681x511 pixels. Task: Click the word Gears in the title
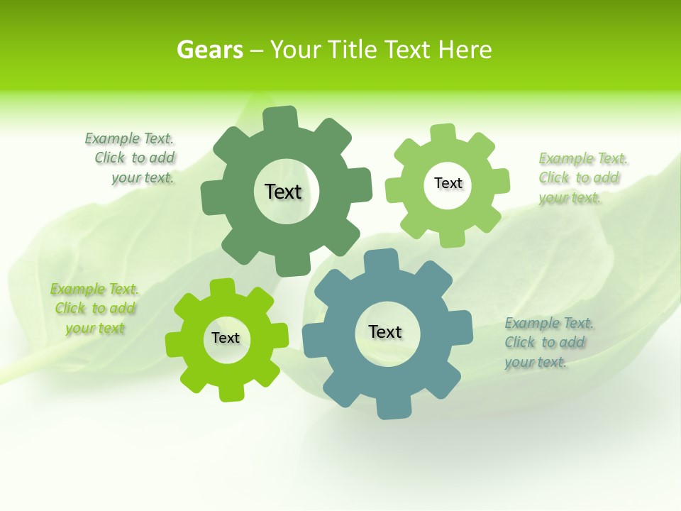coord(209,50)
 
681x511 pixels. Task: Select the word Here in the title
coord(465,50)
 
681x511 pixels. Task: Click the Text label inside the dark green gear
coord(283,192)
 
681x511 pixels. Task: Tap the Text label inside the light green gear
coord(448,183)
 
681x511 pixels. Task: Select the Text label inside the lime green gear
coord(226,338)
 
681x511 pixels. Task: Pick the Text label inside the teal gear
coord(385,331)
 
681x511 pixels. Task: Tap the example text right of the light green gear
coord(581,178)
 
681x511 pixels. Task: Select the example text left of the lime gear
coord(95,309)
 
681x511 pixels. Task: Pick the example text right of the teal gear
coord(548,343)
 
